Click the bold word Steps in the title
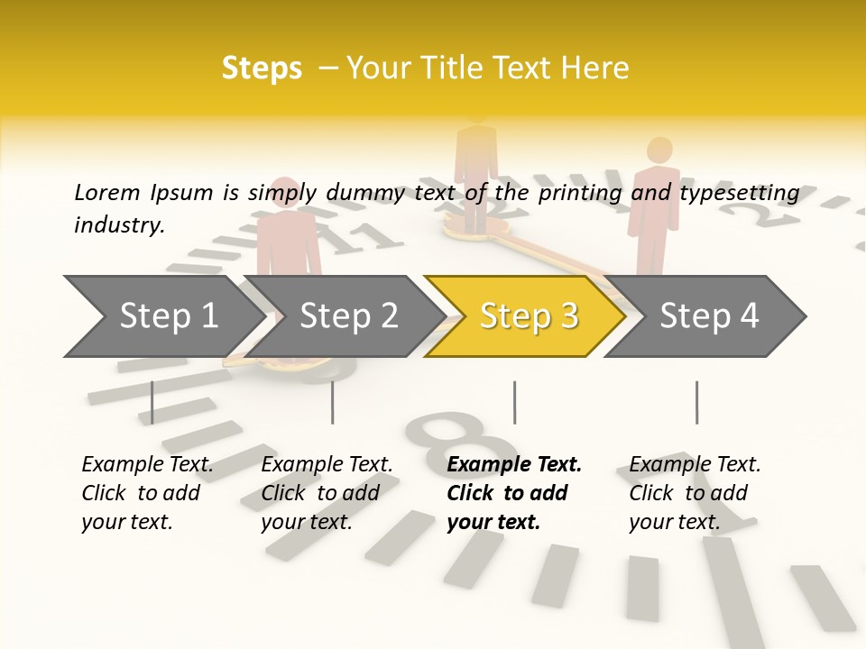coord(262,69)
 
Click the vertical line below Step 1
coord(152,402)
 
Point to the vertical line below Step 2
coord(333,402)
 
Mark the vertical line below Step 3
coord(514,402)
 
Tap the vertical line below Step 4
coord(696,402)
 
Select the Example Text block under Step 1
coord(147,493)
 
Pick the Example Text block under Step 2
coord(327,493)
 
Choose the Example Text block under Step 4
coord(695,493)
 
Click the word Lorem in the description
coord(107,193)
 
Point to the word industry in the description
coord(118,225)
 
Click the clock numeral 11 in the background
coord(357,236)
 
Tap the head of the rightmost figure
coord(659,151)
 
